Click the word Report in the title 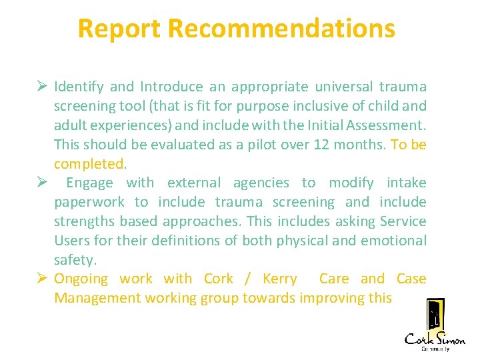tap(119, 29)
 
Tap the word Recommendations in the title tap(281, 29)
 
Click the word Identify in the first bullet tap(79, 87)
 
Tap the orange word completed tap(89, 164)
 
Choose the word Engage tap(89, 183)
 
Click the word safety tap(73, 260)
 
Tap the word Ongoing tap(81, 279)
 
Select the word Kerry tap(280, 279)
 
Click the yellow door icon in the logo tap(435, 315)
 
